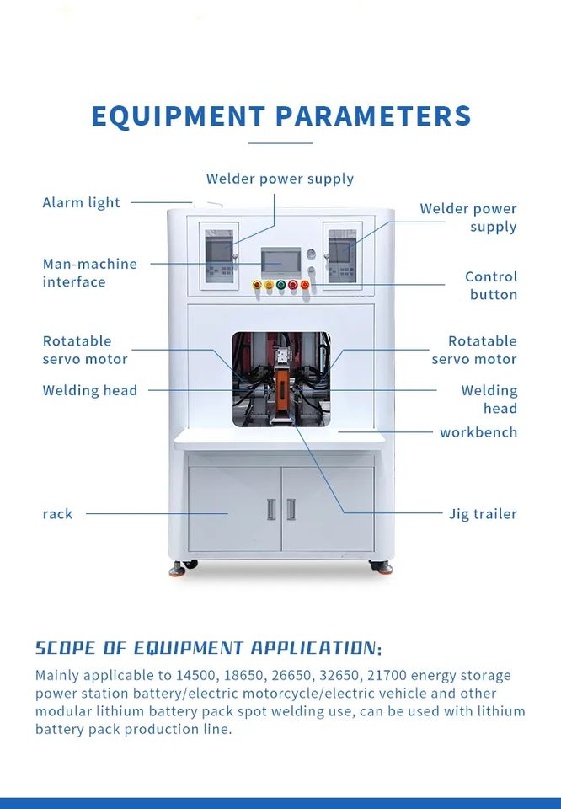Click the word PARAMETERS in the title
coord(373,115)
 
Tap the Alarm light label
coord(82,202)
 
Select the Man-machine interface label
coord(89,272)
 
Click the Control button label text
coord(491,285)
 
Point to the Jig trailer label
coord(483,513)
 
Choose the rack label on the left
coord(57,513)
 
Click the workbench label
coord(478,432)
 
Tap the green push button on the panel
coord(280,285)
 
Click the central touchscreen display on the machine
coord(280,261)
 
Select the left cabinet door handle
coord(270,509)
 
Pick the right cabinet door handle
coord(291,509)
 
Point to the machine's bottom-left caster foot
coord(177,570)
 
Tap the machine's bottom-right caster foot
coord(383,569)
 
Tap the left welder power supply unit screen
coord(221,249)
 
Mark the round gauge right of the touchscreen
coord(311,254)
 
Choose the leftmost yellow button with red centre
coord(257,285)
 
